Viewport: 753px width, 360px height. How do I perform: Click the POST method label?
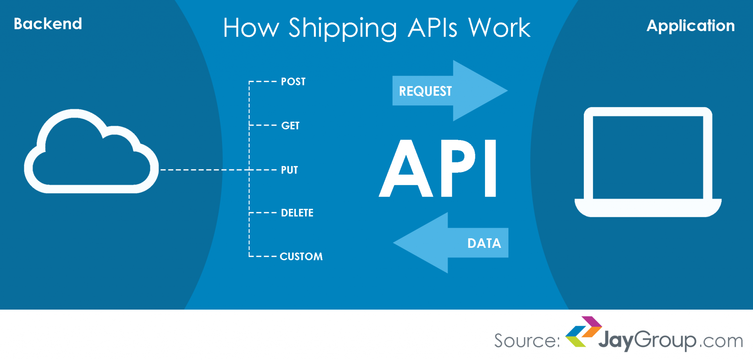(293, 82)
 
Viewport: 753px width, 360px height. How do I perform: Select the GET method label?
(290, 126)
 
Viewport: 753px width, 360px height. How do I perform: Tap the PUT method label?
(289, 170)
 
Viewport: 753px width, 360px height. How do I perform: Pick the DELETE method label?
(297, 213)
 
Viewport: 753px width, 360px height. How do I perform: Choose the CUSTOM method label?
(301, 256)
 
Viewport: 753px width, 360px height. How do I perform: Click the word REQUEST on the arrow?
(425, 91)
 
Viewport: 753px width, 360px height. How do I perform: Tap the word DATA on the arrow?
(484, 243)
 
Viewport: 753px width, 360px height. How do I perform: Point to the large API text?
(438, 168)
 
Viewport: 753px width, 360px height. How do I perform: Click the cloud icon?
(91, 154)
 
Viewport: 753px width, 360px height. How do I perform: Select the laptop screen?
(648, 157)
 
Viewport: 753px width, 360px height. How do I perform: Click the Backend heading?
(48, 24)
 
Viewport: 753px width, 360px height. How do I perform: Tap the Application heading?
(690, 26)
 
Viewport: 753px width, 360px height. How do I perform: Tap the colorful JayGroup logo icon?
(583, 331)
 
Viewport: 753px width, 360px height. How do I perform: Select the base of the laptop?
(648, 208)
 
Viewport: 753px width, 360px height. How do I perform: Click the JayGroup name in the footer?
(647, 341)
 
